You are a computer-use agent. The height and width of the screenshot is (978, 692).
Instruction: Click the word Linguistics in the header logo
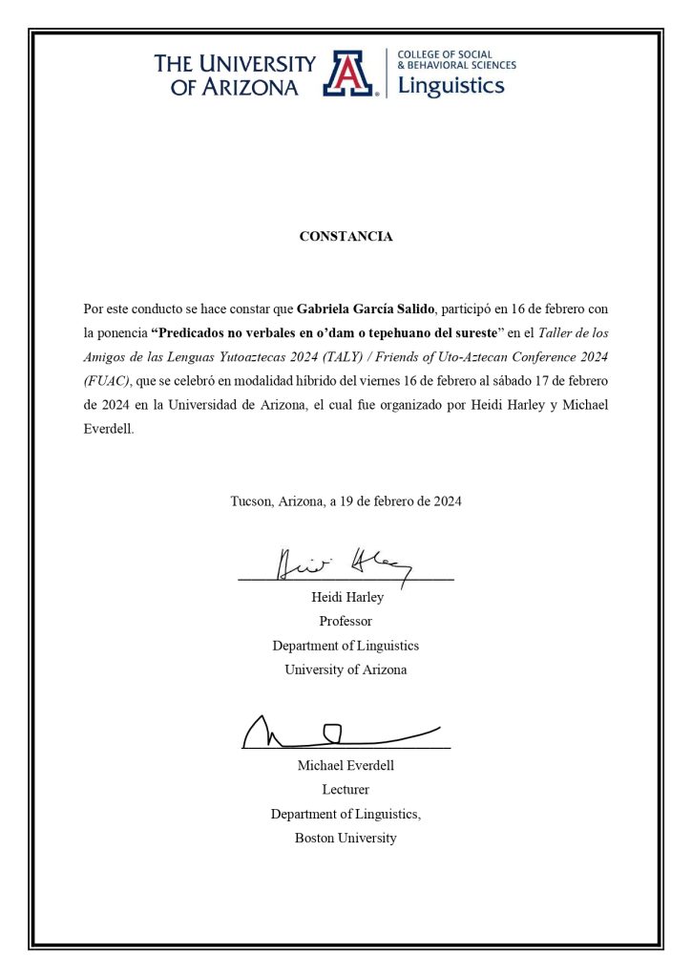coord(450,86)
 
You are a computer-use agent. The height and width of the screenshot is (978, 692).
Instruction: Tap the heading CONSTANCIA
coord(346,237)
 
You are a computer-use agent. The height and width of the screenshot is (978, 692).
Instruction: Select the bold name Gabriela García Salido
coord(366,309)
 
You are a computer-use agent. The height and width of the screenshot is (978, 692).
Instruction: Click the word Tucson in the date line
coord(251,500)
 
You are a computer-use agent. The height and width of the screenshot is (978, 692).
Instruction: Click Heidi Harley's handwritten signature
coord(344,563)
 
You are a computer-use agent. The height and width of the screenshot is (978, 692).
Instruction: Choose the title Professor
coord(346,621)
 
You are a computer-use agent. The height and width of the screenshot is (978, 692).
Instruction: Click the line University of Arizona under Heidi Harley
coord(346,670)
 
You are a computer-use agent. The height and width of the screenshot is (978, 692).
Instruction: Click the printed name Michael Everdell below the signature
coord(346,766)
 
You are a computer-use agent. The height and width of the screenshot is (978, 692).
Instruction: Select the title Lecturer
coord(346,790)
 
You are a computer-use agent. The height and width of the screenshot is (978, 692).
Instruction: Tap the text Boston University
coord(346,839)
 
